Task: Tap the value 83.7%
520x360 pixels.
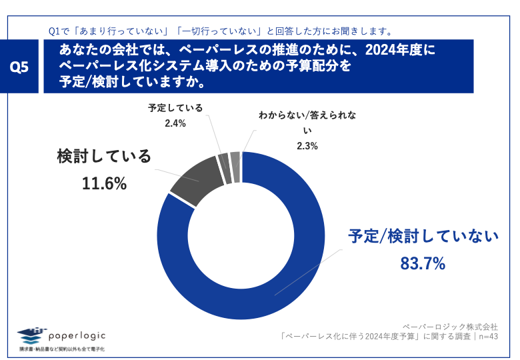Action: point(422,264)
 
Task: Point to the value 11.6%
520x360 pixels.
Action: point(104,183)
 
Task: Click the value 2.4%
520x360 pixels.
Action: point(175,123)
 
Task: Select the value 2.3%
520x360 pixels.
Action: point(307,145)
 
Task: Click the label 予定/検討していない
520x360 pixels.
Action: point(423,236)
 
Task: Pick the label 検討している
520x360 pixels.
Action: point(104,157)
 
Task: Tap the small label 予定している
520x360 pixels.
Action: point(175,107)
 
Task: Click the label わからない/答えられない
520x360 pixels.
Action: point(307,122)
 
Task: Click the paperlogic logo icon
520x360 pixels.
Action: point(33,334)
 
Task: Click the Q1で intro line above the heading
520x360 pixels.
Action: point(220,31)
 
